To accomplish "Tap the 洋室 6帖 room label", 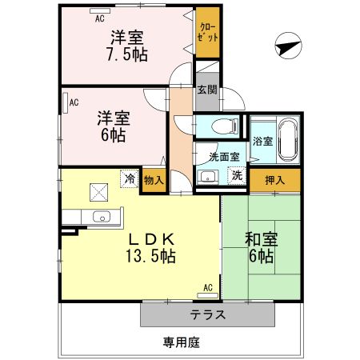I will pyautogui.click(x=112, y=126).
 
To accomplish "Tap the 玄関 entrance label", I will pyautogui.click(x=207, y=90).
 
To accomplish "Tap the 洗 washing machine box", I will pyautogui.click(x=236, y=176).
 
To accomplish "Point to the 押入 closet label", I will pyautogui.click(x=274, y=180).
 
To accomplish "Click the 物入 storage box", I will pyautogui.click(x=154, y=181).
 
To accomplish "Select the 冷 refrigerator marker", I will pyautogui.click(x=129, y=179).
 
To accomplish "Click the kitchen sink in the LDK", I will pyautogui.click(x=102, y=216).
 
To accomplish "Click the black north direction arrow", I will pyautogui.click(x=286, y=48).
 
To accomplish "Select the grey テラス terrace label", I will pyautogui.click(x=207, y=314).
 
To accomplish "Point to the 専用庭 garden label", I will pyautogui.click(x=181, y=342).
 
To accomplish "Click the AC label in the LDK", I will pyautogui.click(x=207, y=287).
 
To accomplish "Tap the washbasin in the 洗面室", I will pyautogui.click(x=208, y=177).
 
